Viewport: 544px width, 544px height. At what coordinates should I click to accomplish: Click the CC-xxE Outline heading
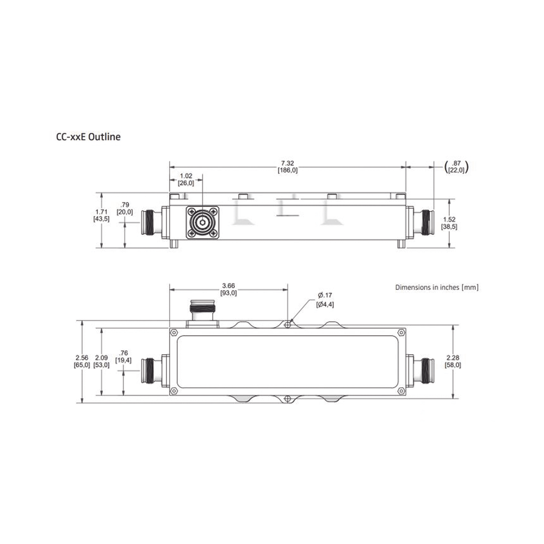(x=88, y=137)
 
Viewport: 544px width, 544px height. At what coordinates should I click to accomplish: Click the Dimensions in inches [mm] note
(x=437, y=287)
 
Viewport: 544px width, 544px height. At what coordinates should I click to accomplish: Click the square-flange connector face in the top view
(x=203, y=222)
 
